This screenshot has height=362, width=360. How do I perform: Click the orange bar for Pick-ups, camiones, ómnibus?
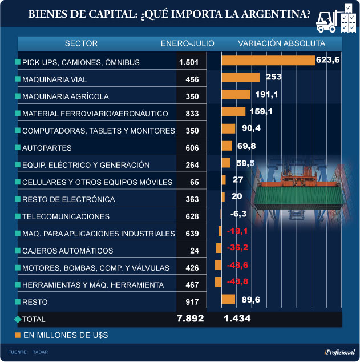pyautogui.click(x=268, y=61)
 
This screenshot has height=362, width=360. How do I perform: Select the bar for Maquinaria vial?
pyautogui.click(x=240, y=78)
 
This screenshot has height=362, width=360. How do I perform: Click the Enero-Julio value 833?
pyautogui.click(x=192, y=114)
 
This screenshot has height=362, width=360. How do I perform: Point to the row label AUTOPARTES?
pyautogui.click(x=46, y=148)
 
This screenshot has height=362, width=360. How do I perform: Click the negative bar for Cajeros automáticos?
pyautogui.click(x=219, y=248)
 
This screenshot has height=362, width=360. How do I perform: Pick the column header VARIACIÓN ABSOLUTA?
pyautogui.click(x=282, y=43)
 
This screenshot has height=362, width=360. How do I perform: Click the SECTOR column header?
pyautogui.click(x=81, y=43)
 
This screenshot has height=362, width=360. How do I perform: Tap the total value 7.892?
pyautogui.click(x=190, y=319)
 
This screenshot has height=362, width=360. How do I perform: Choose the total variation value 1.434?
pyautogui.click(x=237, y=319)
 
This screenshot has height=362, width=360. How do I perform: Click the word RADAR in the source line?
pyautogui.click(x=41, y=352)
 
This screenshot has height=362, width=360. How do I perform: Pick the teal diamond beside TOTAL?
pyautogui.click(x=17, y=319)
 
